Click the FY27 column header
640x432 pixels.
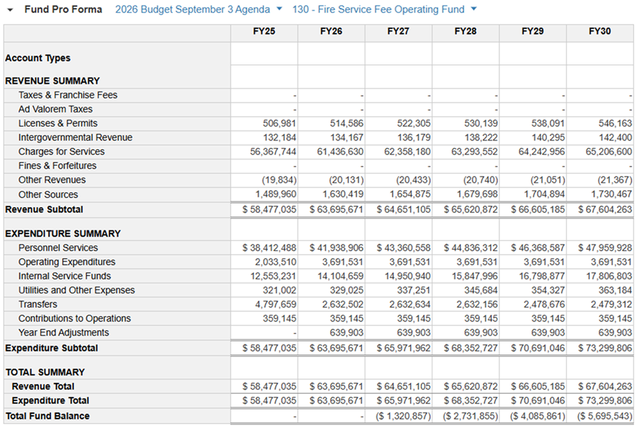click(398, 31)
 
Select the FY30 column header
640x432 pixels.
click(599, 31)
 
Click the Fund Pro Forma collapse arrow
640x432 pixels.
click(10, 9)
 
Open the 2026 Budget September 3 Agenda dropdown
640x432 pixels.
click(279, 9)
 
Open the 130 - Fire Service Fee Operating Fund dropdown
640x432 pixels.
click(473, 9)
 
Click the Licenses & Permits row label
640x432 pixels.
click(58, 123)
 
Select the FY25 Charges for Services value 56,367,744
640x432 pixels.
click(269, 151)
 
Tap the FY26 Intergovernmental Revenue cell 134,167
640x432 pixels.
click(346, 137)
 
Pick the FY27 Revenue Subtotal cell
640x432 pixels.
click(403, 210)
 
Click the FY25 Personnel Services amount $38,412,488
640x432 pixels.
click(269, 248)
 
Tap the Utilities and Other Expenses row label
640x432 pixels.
click(76, 290)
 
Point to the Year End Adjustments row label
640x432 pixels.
click(64, 332)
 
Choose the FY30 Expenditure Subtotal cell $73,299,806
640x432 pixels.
click(605, 348)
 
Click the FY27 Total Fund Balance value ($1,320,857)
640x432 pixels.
click(403, 416)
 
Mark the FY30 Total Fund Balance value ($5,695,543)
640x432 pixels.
click(605, 416)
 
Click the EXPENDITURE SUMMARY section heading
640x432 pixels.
click(63, 234)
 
